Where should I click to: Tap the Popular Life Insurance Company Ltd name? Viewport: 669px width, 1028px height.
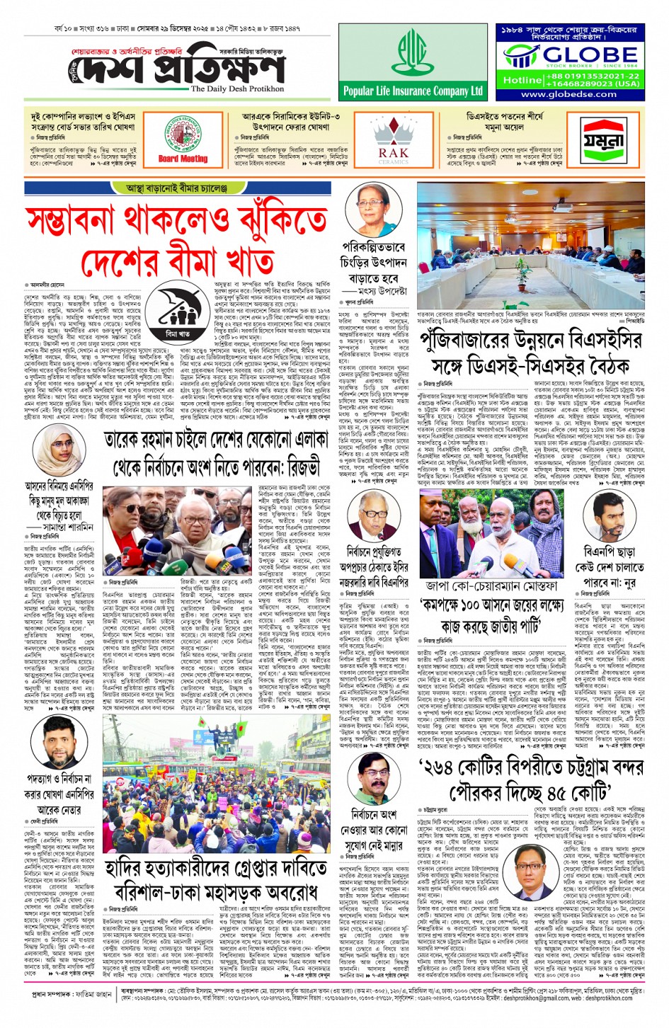[x=412, y=91]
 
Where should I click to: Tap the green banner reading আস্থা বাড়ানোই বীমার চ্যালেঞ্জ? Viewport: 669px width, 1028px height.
[x=176, y=188]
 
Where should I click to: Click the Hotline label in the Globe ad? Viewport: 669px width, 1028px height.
[x=522, y=80]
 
